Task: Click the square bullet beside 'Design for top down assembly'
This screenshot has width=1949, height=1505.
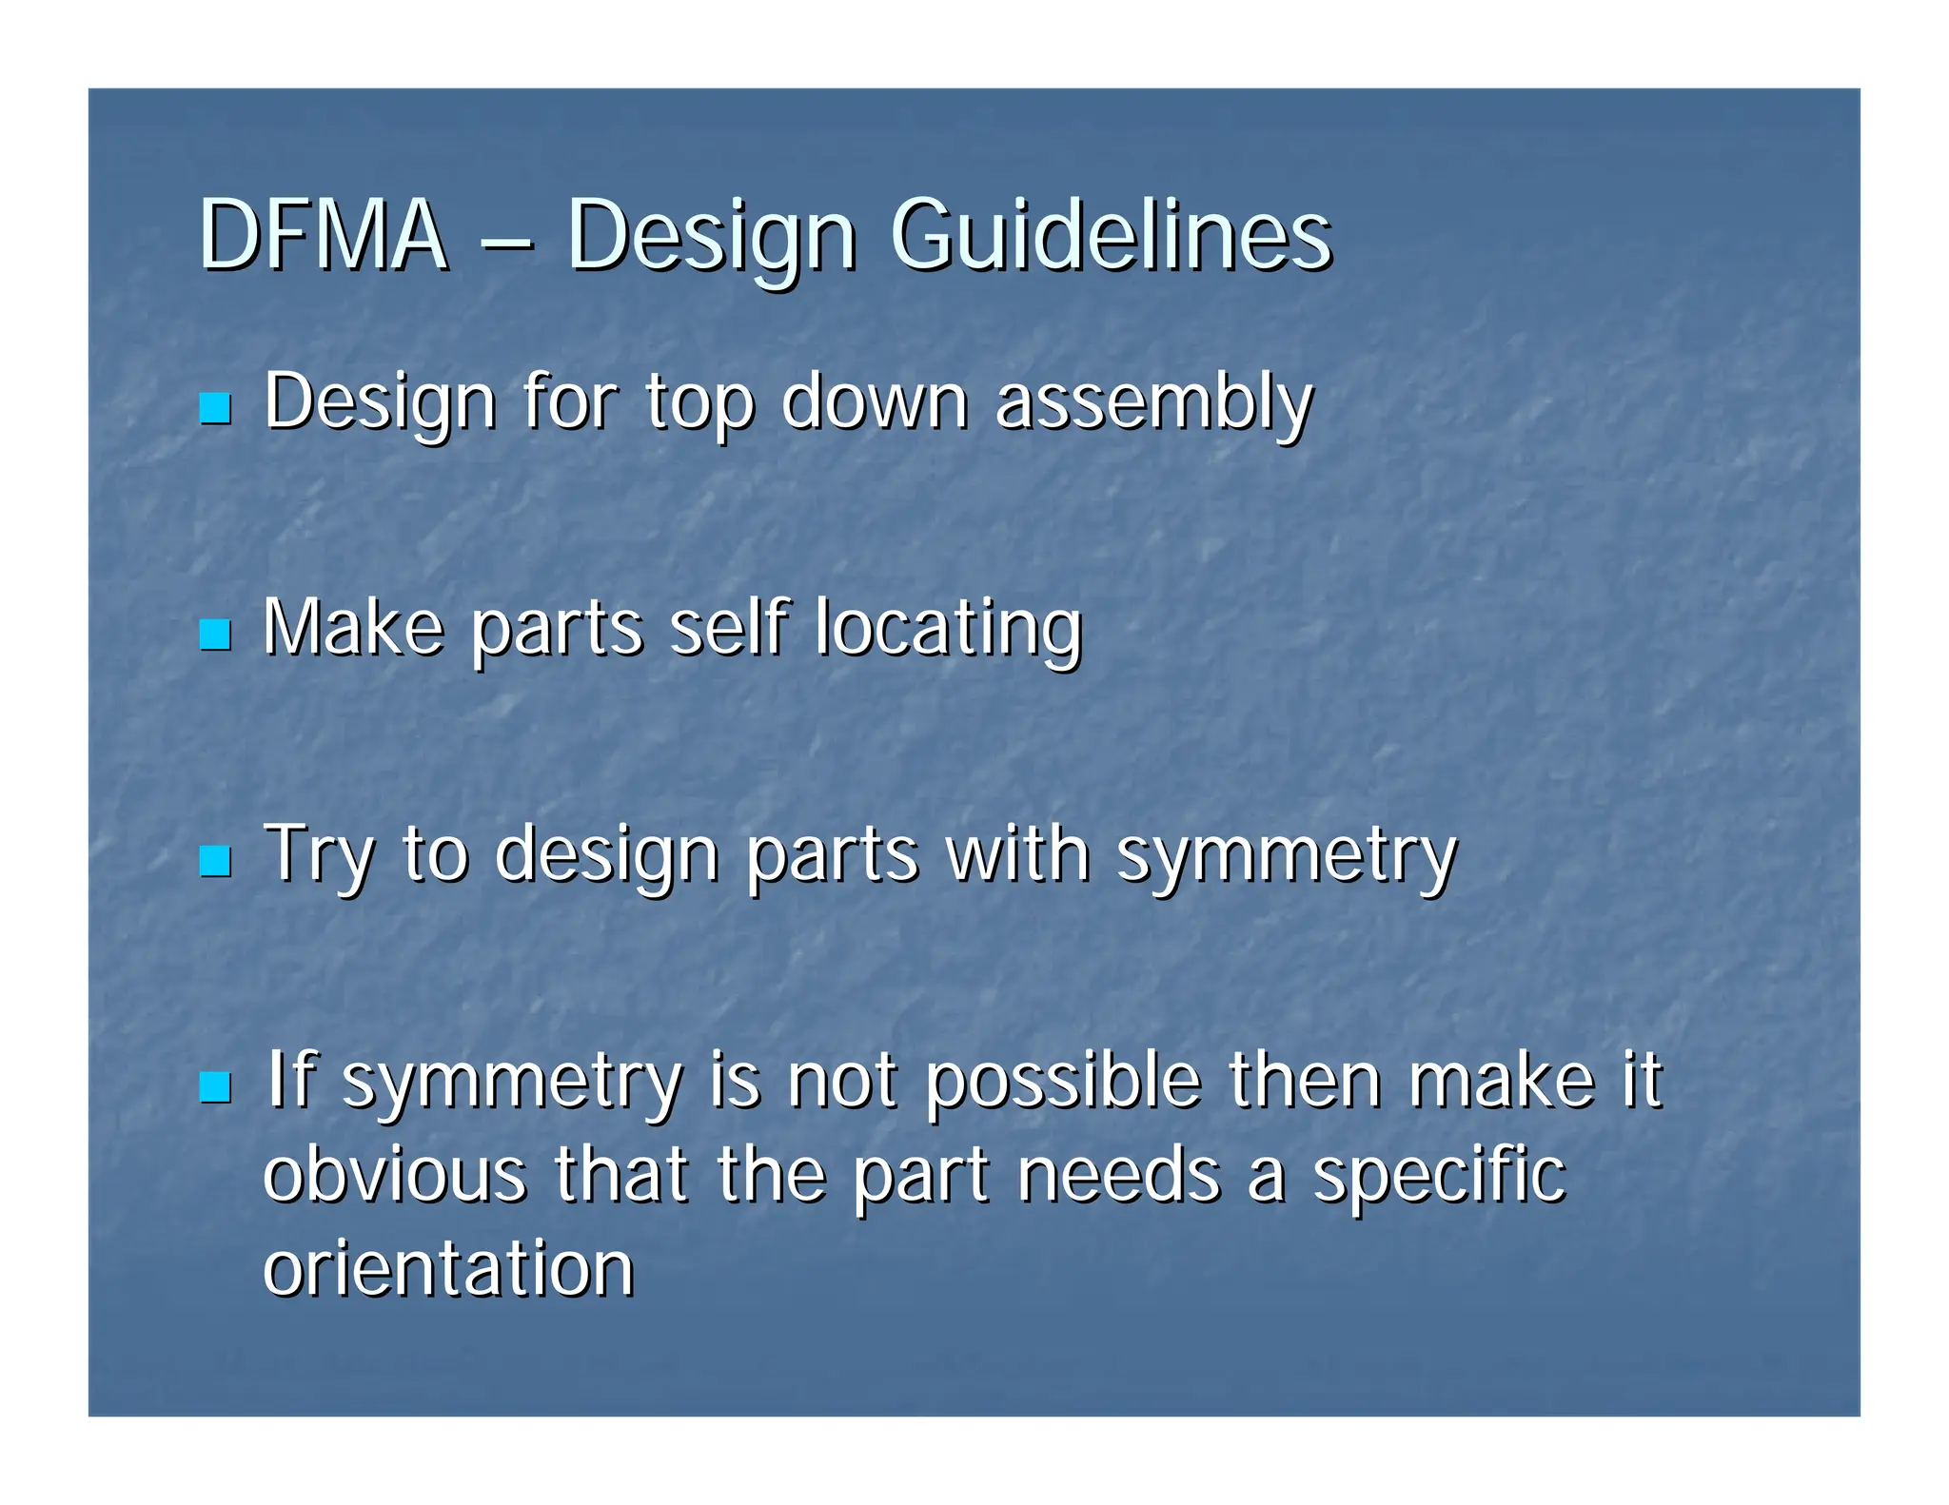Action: tap(215, 408)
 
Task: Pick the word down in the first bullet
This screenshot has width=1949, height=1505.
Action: tap(874, 401)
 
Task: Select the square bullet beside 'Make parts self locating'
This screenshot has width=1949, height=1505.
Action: tap(215, 635)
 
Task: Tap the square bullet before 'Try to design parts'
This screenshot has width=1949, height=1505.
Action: tap(215, 861)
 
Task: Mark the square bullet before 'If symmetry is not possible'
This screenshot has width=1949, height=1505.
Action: tap(215, 1087)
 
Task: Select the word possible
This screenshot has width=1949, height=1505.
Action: tap(1064, 1083)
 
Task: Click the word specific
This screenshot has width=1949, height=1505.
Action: tap(1439, 1176)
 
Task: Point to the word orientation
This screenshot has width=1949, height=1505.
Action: tap(448, 1267)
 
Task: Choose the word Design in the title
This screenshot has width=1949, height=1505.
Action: tap(711, 238)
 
